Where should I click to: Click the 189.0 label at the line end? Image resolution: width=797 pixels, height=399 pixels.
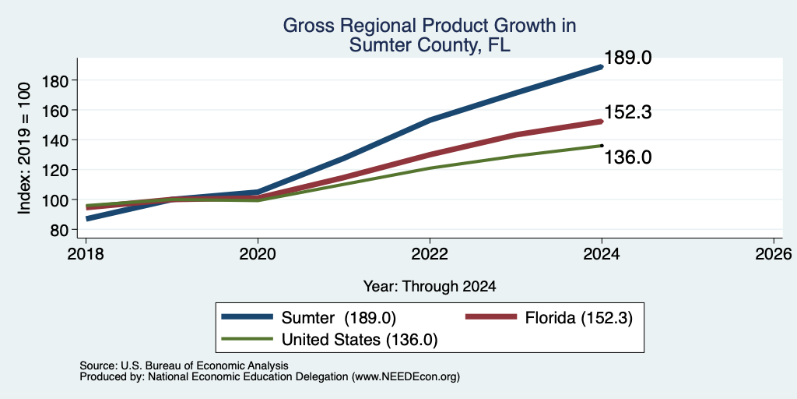(x=627, y=58)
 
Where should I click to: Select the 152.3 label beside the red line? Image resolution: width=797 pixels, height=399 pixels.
(x=627, y=112)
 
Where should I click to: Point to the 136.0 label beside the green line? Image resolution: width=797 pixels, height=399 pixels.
(x=627, y=157)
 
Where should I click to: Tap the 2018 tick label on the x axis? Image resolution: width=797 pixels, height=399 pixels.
(x=86, y=253)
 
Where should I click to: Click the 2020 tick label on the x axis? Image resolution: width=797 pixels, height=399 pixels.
(x=258, y=253)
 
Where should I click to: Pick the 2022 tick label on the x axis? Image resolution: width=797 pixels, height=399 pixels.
(x=430, y=253)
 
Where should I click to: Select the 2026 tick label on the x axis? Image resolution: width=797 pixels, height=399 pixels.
(x=774, y=253)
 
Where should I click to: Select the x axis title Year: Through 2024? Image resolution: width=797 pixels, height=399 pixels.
(x=430, y=287)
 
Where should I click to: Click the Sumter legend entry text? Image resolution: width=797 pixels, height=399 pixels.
(x=338, y=318)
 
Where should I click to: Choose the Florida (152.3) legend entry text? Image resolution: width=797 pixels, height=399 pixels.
(x=579, y=318)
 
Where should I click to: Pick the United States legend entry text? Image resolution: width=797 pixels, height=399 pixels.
(x=359, y=340)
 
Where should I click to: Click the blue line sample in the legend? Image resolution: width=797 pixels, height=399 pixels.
(x=248, y=318)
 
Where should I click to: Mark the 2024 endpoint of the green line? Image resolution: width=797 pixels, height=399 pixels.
(x=602, y=146)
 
